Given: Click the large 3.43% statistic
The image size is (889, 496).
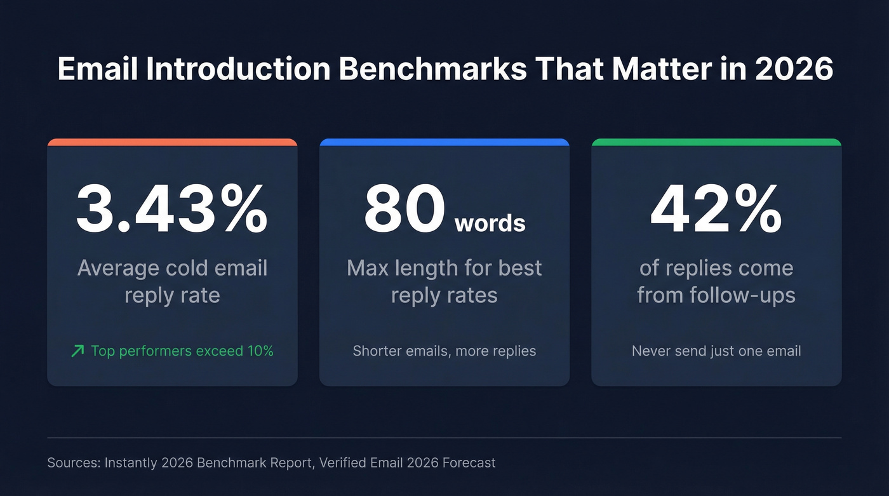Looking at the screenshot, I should pos(171,208).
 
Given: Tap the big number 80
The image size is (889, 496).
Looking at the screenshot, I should pos(404,209).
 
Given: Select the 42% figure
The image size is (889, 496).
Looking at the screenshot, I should pos(716,208).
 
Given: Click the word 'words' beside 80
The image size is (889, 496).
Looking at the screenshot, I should pos(490,223).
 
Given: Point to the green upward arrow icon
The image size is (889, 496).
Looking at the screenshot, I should pos(77,351).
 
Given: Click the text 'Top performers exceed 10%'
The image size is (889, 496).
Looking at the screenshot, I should pos(182,351).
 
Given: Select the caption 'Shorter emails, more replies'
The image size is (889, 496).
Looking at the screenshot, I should pos(444,351).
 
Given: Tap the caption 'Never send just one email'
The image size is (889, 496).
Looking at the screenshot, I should pos(716,351).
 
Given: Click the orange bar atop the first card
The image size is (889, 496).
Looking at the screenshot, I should pos(172,142).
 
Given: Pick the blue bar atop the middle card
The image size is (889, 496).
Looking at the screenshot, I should pos(444,142).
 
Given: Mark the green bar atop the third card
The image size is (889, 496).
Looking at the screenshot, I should pos(716,142).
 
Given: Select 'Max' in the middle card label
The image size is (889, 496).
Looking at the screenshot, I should pos(368,268).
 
